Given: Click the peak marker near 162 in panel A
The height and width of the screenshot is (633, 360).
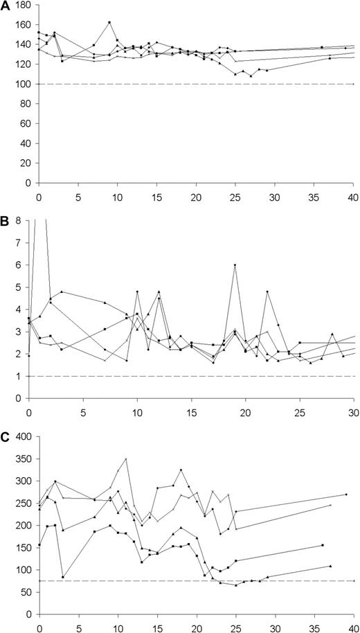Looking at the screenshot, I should click(109, 22).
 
